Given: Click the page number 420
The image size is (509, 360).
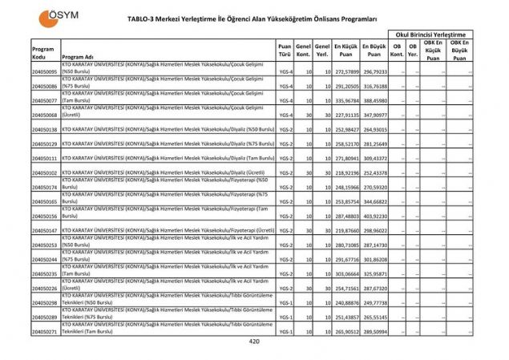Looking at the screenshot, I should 255,342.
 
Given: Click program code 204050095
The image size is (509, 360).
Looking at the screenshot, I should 45,72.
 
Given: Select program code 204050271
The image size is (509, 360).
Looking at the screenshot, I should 45,331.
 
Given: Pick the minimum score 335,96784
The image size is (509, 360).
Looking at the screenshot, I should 347,101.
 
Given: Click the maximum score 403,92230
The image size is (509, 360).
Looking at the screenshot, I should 374,216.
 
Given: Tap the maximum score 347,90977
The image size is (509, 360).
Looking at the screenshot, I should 374,115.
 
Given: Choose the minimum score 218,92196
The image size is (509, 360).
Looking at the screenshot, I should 347,173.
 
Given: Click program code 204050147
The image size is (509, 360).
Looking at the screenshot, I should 45,231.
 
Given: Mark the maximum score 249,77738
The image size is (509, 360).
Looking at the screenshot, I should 374,302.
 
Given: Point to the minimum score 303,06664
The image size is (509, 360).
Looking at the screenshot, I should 347,273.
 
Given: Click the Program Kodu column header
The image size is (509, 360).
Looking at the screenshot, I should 43,53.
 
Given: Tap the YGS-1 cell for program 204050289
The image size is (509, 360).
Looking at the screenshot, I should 284,317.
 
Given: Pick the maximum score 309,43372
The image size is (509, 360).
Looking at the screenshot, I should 374,159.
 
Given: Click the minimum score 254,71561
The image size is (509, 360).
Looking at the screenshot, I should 347,288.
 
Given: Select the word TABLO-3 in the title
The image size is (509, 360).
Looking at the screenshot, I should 143,16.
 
